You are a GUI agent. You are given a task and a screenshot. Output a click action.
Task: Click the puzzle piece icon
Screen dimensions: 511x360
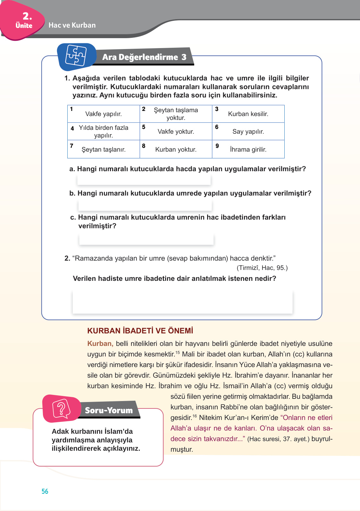tap(76, 56)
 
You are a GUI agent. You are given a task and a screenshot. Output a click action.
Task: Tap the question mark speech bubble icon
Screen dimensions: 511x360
tap(61, 409)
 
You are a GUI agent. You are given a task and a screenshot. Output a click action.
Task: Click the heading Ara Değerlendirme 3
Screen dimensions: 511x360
tap(144, 57)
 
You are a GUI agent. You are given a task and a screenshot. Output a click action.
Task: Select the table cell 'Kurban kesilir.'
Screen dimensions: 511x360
tap(248, 114)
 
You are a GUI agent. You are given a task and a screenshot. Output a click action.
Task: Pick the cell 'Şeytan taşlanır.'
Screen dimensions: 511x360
tap(104, 149)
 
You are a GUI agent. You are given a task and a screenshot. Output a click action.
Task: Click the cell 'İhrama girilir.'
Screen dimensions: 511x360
tap(248, 149)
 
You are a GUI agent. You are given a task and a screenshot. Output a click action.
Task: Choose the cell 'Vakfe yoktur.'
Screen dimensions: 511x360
tap(176, 131)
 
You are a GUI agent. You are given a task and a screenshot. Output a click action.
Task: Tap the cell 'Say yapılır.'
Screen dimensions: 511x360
tap(248, 131)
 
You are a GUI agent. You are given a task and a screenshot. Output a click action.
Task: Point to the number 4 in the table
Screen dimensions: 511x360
tap(72, 129)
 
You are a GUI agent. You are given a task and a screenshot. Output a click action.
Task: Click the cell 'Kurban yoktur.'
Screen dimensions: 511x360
tap(176, 149)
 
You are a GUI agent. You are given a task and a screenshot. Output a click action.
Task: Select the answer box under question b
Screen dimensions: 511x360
tap(145, 205)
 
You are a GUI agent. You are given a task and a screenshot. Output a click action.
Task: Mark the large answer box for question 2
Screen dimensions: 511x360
tap(182, 302)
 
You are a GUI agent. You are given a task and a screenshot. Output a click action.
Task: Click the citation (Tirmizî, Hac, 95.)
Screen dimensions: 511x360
tap(262, 268)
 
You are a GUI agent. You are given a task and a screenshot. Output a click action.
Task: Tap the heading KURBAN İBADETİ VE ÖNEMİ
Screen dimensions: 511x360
tap(140, 331)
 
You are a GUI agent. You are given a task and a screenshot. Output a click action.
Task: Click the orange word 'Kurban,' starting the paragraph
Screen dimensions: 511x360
tap(100, 344)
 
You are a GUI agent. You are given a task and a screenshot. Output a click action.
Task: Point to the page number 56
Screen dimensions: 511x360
tap(45, 491)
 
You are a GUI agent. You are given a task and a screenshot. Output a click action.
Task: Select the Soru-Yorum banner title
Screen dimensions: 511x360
tap(109, 410)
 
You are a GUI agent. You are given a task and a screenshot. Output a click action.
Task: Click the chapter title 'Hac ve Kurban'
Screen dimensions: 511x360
tap(72, 25)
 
